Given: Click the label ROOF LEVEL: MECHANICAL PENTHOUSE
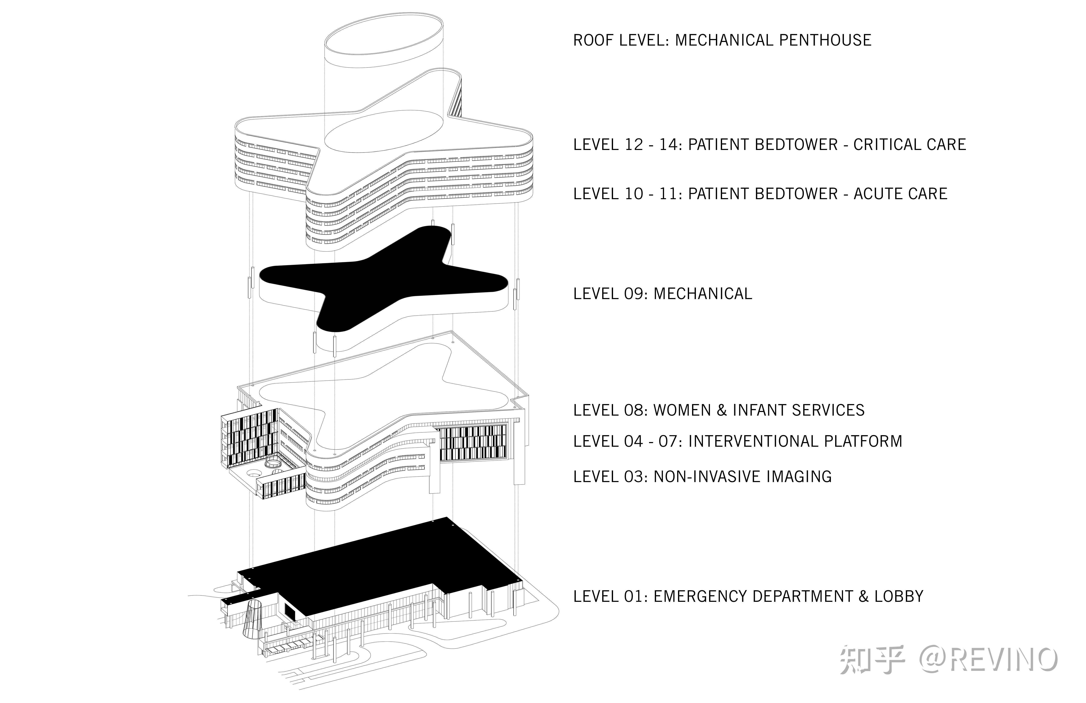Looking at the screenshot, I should coord(722,40).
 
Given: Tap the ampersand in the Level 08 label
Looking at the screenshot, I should coord(721,410).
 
